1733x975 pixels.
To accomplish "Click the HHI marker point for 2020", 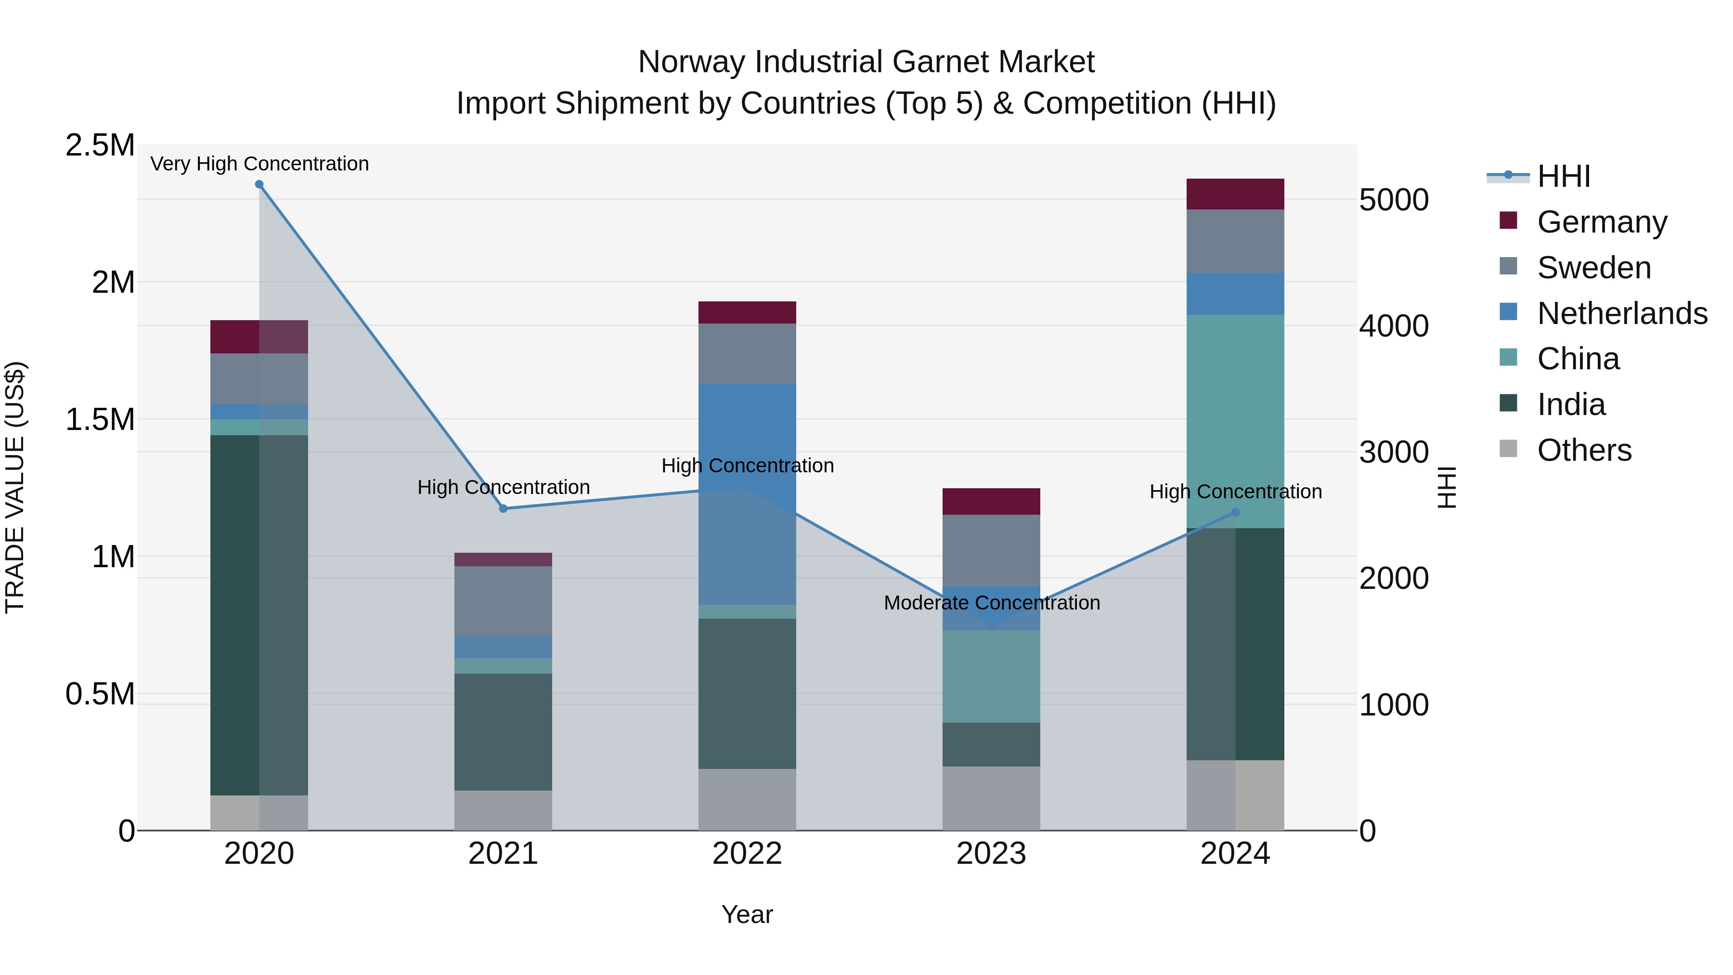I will (259, 184).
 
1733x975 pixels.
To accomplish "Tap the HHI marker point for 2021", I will (503, 509).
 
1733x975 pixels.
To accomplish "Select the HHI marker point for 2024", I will (1235, 513).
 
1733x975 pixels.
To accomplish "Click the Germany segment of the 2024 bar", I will (1235, 195).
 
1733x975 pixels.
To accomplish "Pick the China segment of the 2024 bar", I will (1235, 421).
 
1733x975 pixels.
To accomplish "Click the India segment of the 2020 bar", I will (235, 615).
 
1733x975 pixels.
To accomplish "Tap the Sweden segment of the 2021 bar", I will (503, 600).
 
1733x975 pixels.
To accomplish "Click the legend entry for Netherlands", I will (1622, 313).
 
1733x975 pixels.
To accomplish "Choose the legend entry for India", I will (1571, 405).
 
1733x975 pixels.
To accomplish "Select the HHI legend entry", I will (1563, 176).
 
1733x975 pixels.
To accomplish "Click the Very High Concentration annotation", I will (259, 164).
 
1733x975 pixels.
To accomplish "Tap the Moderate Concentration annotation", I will (992, 603).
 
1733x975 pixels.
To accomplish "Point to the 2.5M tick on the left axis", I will (100, 145).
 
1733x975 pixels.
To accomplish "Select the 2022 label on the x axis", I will (747, 854).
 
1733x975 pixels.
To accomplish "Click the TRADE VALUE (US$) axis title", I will (15, 487).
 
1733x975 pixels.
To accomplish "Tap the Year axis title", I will (747, 915).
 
